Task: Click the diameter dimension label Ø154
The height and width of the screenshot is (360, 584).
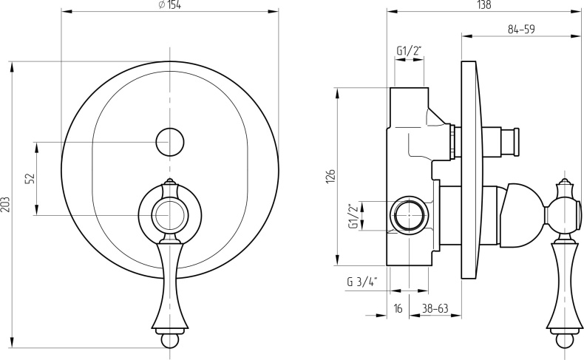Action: pos(170,5)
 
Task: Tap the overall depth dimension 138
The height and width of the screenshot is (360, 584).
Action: pos(483,5)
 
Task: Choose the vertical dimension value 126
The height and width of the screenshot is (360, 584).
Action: pos(331,175)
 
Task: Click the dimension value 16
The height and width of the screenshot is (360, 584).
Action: pos(398,308)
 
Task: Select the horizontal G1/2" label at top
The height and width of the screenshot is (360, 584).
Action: pos(409,50)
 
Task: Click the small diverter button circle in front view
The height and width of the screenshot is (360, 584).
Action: pos(169,141)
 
